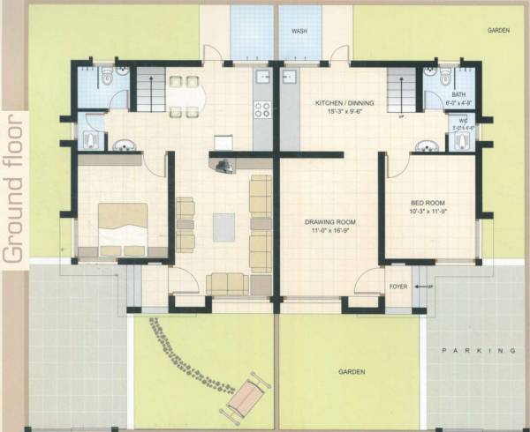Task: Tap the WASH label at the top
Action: pos(299,31)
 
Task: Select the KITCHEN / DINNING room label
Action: pos(345,103)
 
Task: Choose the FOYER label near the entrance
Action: pos(397,287)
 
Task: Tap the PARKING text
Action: pos(477,351)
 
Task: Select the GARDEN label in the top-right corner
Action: pos(499,31)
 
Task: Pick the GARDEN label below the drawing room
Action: pos(351,372)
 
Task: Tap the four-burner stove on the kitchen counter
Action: pos(262,110)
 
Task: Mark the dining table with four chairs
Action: pos(184,94)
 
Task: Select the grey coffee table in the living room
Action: pos(223,229)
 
